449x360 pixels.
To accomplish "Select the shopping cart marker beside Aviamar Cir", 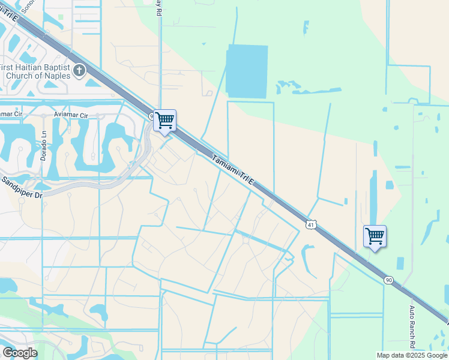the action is coord(164,120).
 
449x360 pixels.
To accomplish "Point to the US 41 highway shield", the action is coord(310,224).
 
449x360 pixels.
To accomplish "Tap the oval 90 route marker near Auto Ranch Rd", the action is coord(388,280).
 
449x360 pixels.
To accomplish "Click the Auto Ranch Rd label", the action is coord(412,328).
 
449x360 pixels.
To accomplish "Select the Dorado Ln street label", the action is coord(43,146).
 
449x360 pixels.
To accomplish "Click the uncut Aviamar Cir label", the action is coord(71,115).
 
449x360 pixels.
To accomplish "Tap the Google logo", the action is coord(20,353).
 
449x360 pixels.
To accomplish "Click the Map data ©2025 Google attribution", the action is coord(411,355).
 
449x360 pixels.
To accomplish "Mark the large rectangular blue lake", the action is coord(247,71).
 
